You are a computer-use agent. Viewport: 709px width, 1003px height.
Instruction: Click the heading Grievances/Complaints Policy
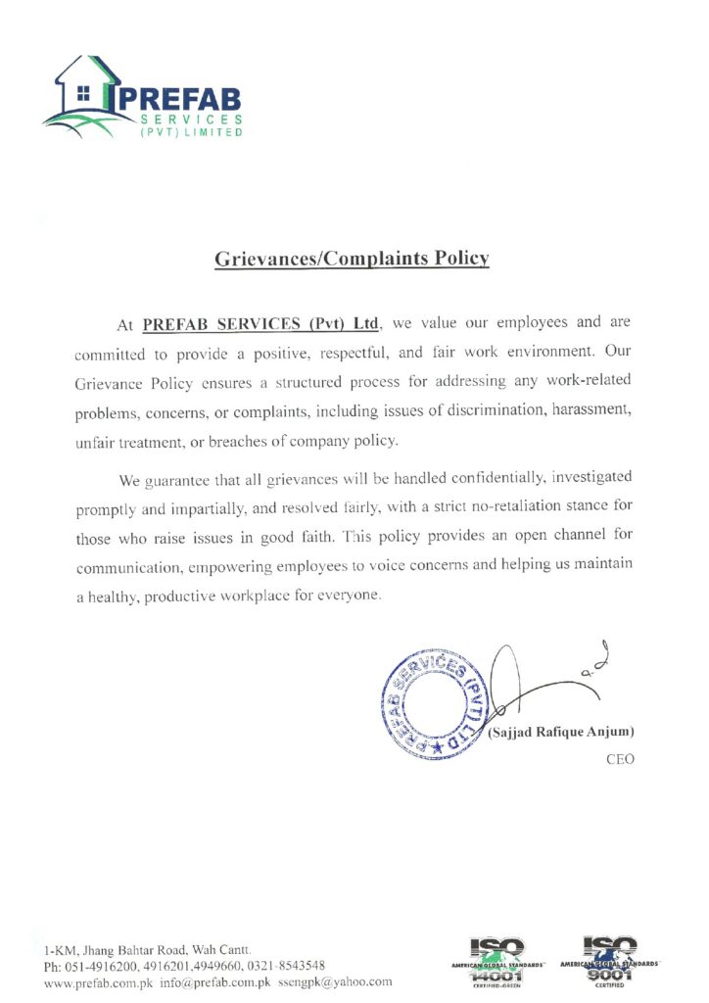[352, 260]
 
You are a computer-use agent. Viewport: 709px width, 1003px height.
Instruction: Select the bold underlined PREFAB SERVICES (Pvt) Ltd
[260, 322]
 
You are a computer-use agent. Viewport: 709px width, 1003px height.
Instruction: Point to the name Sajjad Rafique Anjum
[561, 732]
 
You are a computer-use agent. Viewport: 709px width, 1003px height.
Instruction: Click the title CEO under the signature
[621, 759]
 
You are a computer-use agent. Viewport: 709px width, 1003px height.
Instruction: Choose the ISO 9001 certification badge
[609, 962]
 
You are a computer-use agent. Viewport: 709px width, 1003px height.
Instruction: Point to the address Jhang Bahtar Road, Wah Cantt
[157, 950]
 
